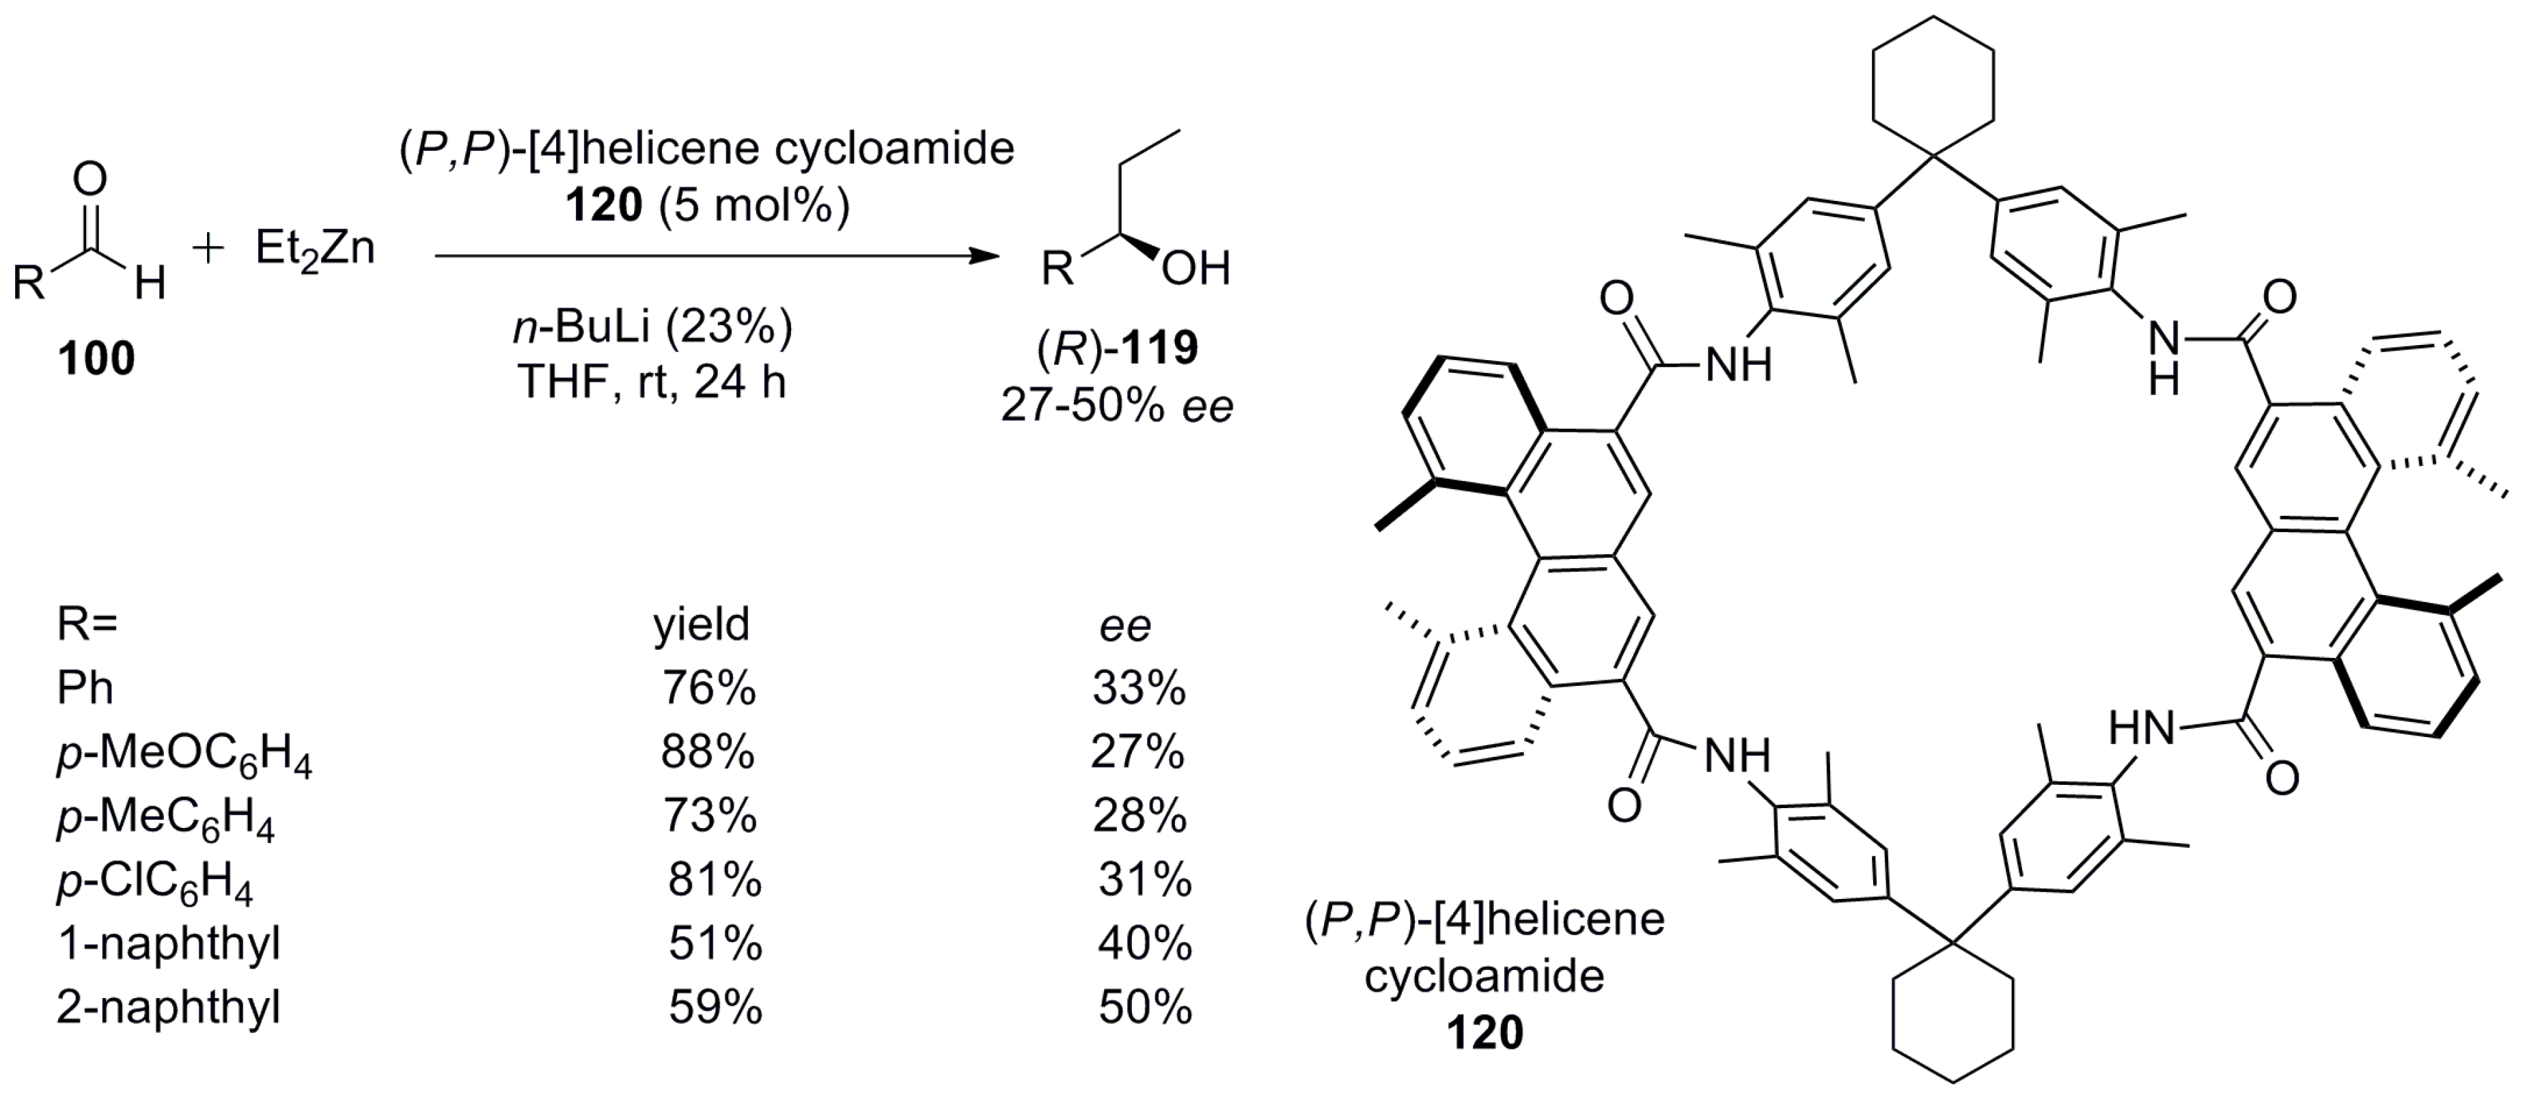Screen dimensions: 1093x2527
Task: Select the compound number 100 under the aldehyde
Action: coord(96,359)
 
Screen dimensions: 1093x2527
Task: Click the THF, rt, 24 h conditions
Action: coord(652,382)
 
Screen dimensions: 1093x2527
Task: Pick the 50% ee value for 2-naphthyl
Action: coord(1145,1008)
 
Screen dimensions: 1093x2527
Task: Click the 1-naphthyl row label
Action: coord(169,944)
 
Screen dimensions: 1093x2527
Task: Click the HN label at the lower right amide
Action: coord(2142,729)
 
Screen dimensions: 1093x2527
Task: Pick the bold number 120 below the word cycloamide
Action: coord(1485,1033)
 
